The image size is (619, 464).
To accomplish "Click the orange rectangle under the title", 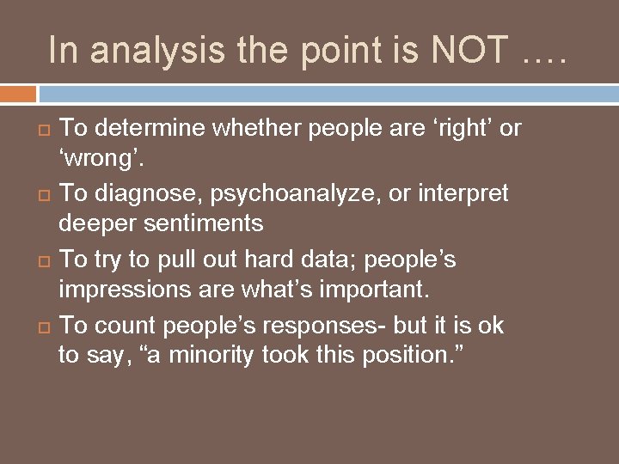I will tap(18, 93).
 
